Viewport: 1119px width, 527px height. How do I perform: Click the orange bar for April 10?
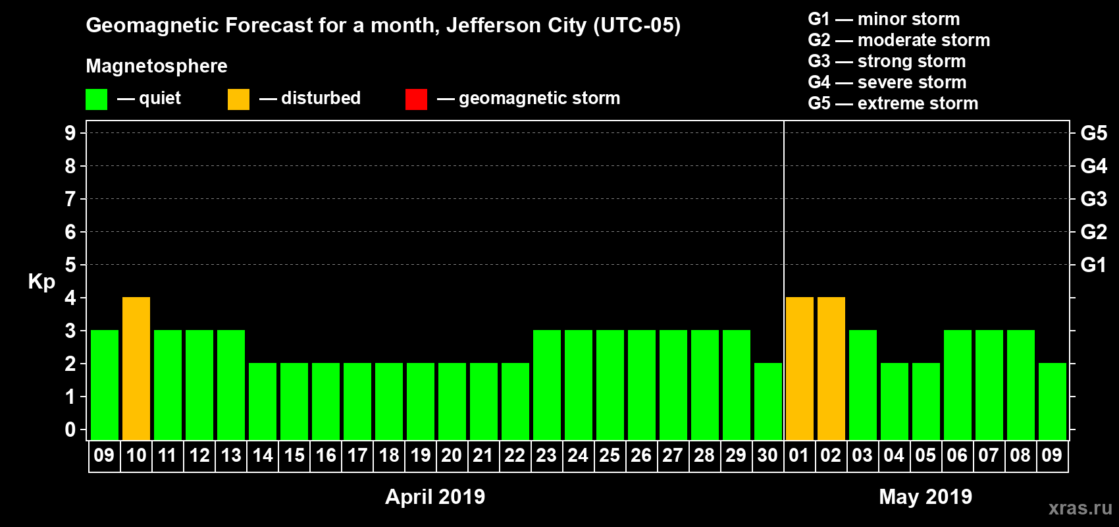tap(136, 368)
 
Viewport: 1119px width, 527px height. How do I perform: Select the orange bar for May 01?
tap(800, 368)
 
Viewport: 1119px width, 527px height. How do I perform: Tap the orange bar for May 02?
tap(831, 368)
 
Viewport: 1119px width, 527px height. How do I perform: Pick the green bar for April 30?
tap(768, 401)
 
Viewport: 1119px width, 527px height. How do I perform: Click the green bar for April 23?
tap(547, 385)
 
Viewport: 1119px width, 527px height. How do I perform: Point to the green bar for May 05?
tap(926, 401)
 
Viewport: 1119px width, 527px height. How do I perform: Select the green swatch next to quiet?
tap(97, 99)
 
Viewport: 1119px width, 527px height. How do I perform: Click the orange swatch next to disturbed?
tap(238, 99)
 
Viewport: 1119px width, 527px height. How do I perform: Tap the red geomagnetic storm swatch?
tap(416, 99)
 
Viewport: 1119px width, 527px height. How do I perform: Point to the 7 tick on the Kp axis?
tap(70, 199)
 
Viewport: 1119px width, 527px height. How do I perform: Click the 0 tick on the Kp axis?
tap(70, 430)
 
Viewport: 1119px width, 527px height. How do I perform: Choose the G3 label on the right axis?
tap(1093, 199)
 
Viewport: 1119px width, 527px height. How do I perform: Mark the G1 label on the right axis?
tap(1093, 265)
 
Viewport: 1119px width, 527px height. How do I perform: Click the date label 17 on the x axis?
tap(357, 455)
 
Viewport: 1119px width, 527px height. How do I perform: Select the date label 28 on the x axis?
tap(704, 455)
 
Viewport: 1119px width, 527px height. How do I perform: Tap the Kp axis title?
tap(41, 281)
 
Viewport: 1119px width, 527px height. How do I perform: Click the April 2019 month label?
tap(435, 497)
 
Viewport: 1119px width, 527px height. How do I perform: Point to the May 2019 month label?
tap(925, 497)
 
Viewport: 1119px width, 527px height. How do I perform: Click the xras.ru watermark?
tap(1080, 508)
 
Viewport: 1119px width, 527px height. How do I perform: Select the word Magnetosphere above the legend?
tap(157, 66)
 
